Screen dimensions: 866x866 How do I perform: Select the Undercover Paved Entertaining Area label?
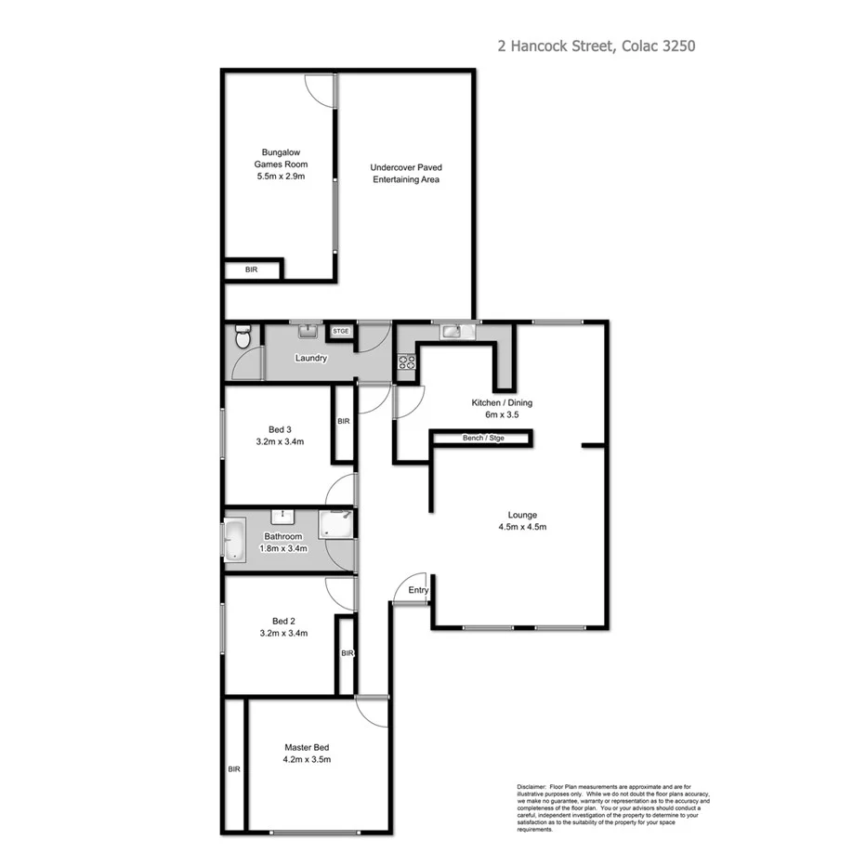tap(406, 173)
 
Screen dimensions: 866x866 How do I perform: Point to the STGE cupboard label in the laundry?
tap(342, 331)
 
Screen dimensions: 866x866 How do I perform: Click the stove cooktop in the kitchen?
tap(406, 361)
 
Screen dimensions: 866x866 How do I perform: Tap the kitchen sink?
tap(453, 330)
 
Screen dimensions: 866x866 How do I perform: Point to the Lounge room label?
tap(521, 515)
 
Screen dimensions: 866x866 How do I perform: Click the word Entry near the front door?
tap(418, 590)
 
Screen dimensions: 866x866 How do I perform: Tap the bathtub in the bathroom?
tap(231, 541)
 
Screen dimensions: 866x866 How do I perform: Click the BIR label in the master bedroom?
tap(233, 768)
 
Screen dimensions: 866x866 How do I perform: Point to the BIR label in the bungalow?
tap(251, 269)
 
